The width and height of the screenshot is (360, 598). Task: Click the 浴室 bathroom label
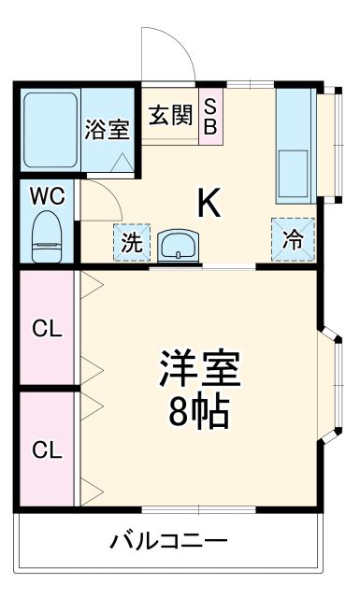pyautogui.click(x=107, y=129)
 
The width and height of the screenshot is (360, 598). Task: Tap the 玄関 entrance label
pyautogui.click(x=171, y=116)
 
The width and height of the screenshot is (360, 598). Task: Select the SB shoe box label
pyautogui.click(x=210, y=116)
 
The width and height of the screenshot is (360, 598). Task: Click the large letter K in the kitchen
pyautogui.click(x=209, y=203)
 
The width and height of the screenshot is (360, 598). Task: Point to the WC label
pyautogui.click(x=45, y=197)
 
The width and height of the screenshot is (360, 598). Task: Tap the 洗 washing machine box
pyautogui.click(x=130, y=242)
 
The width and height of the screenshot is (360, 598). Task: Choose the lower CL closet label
pyautogui.click(x=47, y=449)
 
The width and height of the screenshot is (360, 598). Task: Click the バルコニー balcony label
pyautogui.click(x=168, y=540)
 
